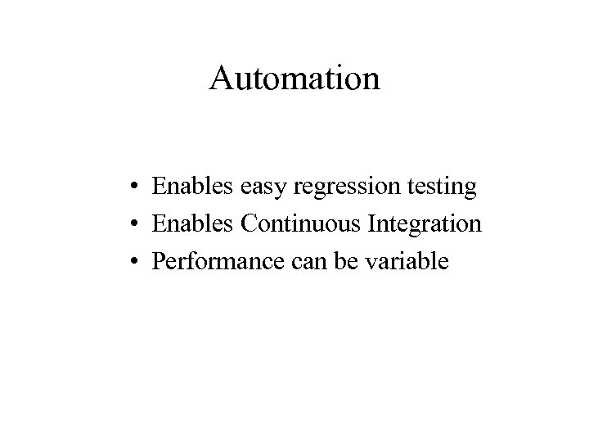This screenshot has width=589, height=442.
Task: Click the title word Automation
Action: (x=294, y=79)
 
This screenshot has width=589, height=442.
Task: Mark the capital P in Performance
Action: (x=159, y=262)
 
